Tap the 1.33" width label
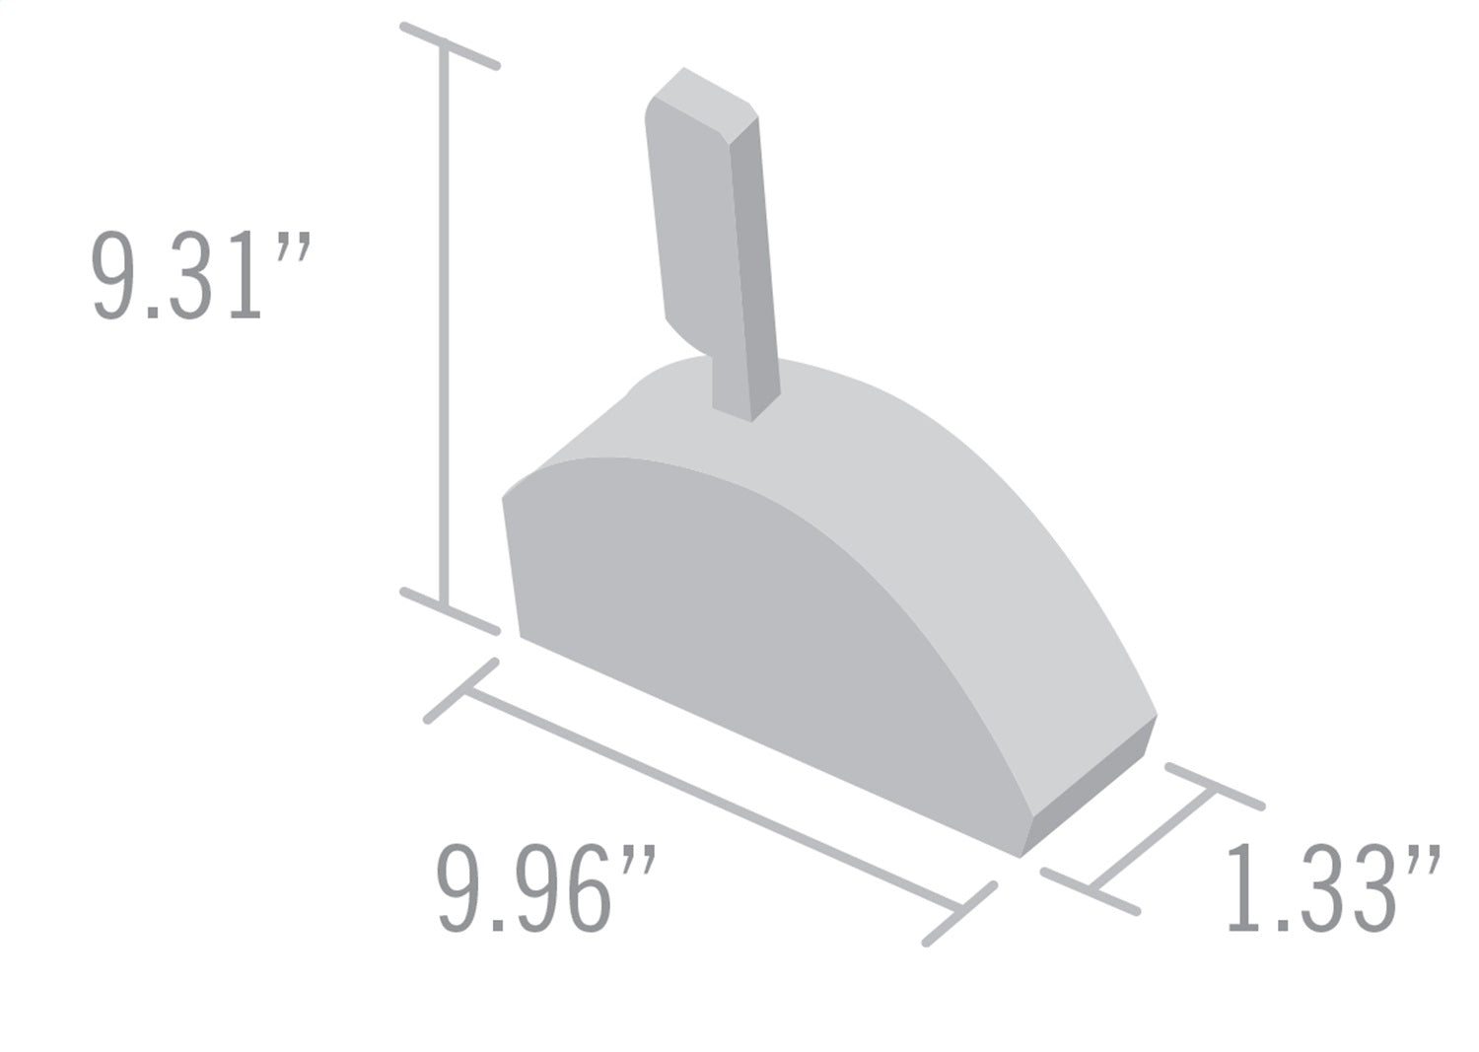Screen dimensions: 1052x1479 click(x=1332, y=888)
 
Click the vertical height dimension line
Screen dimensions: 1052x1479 click(x=445, y=325)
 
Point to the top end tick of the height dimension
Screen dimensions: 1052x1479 click(x=450, y=45)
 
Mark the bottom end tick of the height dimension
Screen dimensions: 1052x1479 click(x=450, y=611)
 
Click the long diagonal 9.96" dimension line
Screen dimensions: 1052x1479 click(x=710, y=800)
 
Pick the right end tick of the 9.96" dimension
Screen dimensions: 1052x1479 click(x=960, y=913)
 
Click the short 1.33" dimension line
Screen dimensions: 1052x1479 click(x=1152, y=839)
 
